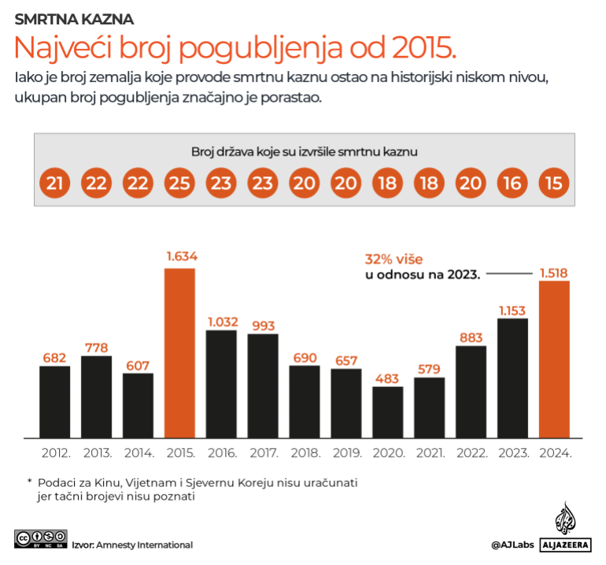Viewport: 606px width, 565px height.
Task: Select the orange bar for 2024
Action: click(x=554, y=359)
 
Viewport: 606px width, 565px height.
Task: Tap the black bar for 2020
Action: click(x=387, y=411)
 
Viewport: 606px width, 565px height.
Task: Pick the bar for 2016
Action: click(x=221, y=383)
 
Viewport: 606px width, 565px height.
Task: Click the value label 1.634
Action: click(x=180, y=256)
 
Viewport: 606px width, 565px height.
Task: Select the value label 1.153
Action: click(x=512, y=310)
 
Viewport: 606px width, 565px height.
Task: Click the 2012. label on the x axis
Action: click(x=55, y=453)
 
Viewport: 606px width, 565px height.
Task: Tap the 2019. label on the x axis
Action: click(x=346, y=453)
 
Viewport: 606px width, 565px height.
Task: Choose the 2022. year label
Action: click(x=471, y=453)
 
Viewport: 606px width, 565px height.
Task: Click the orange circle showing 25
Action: click(x=179, y=184)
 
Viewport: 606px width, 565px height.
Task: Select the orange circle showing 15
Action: click(x=554, y=184)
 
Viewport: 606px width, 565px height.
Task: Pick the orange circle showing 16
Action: click(x=512, y=184)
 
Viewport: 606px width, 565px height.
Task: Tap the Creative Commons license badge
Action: click(x=39, y=539)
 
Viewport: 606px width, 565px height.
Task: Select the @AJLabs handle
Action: click(x=513, y=545)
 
